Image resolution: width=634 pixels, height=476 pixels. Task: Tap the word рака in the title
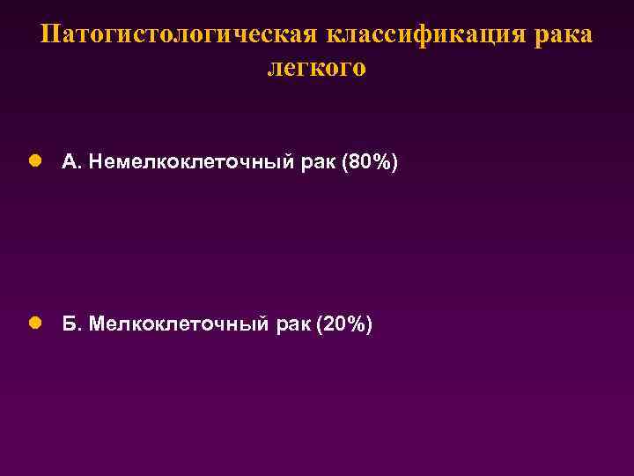click(563, 35)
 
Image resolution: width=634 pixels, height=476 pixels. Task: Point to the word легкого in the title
click(316, 68)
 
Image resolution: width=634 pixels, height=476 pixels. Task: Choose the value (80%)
click(373, 162)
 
